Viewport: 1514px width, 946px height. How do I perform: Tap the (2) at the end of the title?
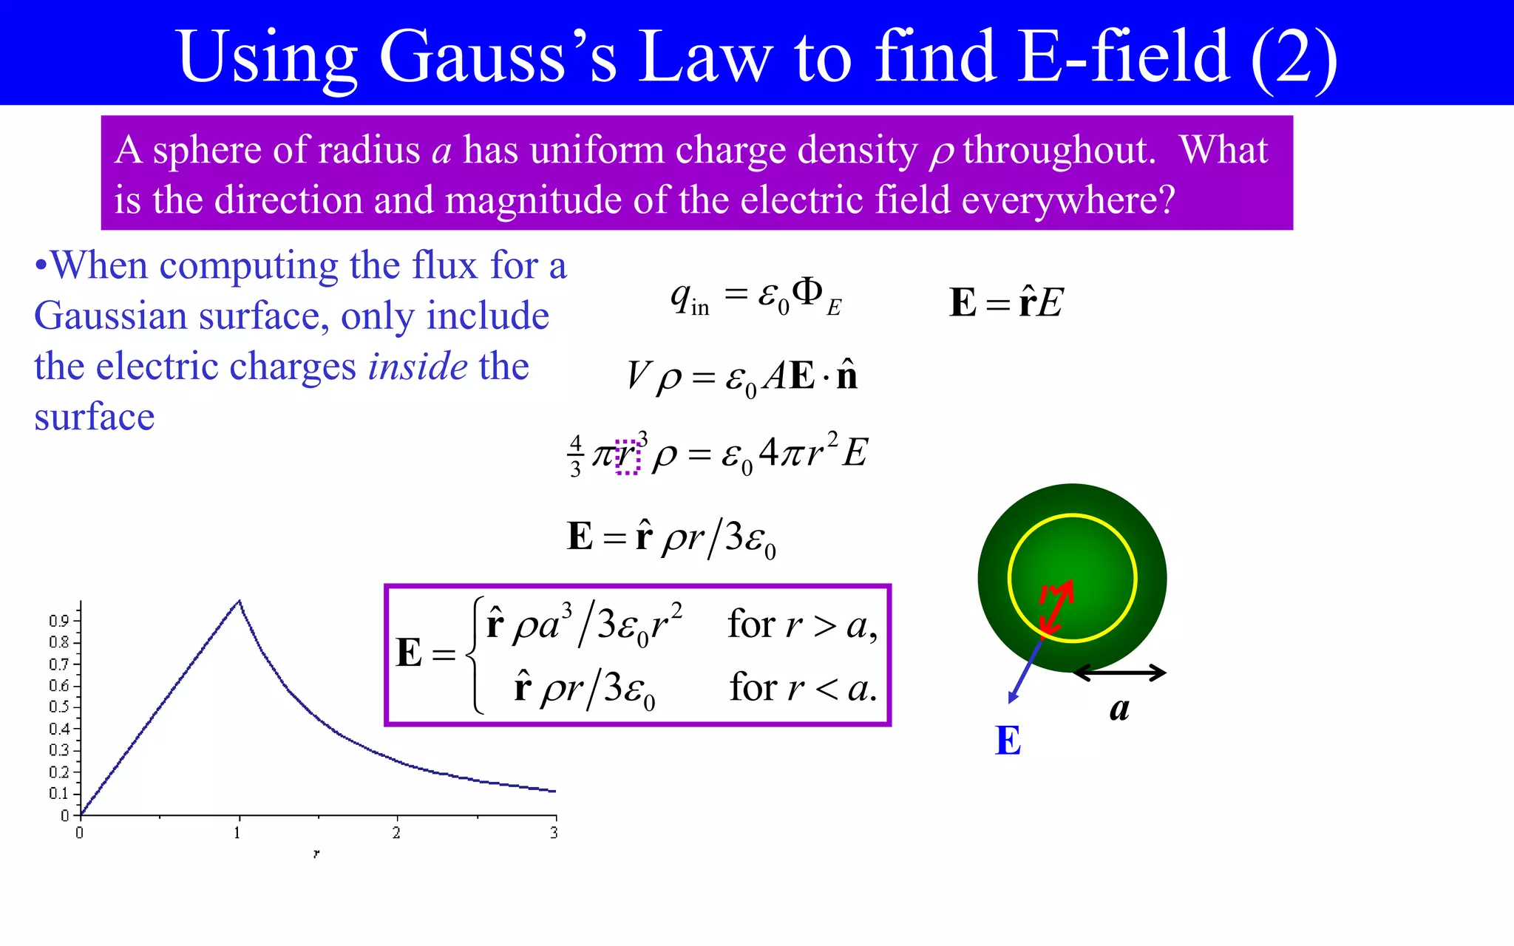[x=1293, y=58]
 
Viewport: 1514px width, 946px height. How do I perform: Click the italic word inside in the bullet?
[x=418, y=367]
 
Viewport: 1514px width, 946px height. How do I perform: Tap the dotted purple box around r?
[x=627, y=456]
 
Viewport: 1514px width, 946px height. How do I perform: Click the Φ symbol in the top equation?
[x=807, y=293]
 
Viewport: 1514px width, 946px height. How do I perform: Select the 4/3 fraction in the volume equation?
[x=576, y=457]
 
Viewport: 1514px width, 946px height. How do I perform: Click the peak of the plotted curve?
[x=239, y=601]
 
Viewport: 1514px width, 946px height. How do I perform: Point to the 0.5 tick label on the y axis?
[x=59, y=707]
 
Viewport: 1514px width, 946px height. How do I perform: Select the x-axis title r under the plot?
[x=316, y=854]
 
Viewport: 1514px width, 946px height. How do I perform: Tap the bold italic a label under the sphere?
[x=1119, y=709]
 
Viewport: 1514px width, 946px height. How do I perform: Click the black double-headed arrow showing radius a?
[x=1119, y=673]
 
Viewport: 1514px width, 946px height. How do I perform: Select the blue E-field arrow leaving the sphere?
[x=1025, y=672]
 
